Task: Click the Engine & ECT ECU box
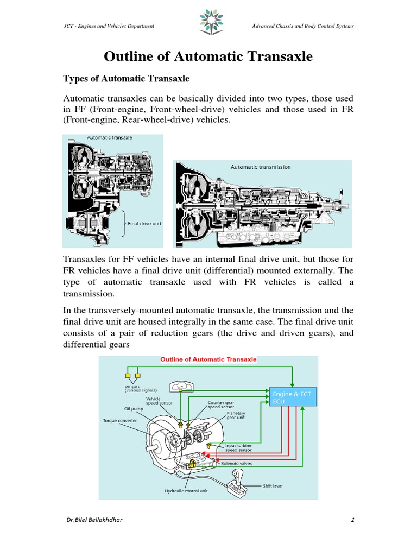(293, 397)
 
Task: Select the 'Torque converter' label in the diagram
(120, 420)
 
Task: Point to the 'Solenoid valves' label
(236, 464)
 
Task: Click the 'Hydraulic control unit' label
(186, 491)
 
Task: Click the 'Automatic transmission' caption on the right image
(260, 167)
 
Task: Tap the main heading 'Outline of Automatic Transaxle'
(208, 56)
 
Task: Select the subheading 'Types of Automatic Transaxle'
(126, 79)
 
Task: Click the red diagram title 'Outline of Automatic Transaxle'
(208, 359)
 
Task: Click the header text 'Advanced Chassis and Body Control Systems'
(304, 26)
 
